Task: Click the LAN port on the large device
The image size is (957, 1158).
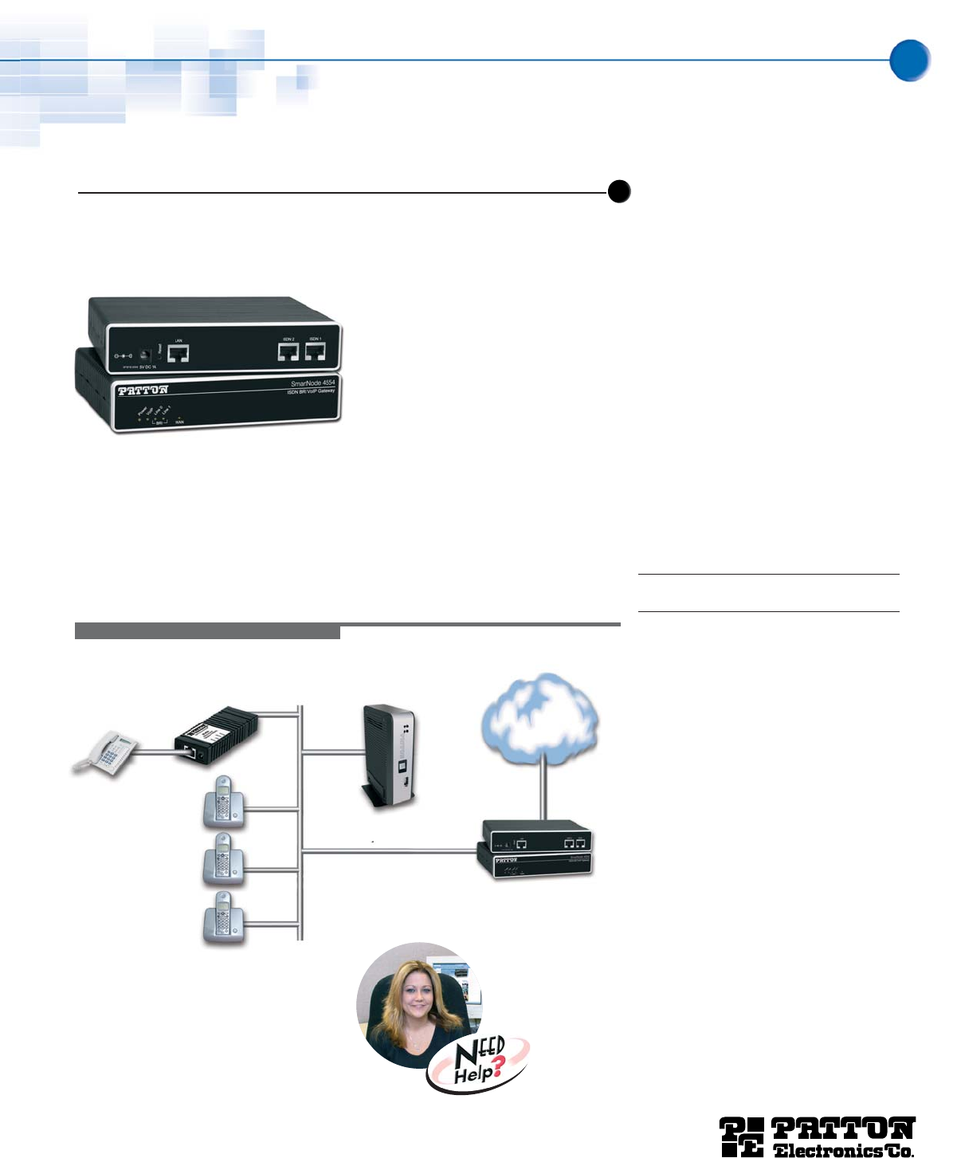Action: (178, 354)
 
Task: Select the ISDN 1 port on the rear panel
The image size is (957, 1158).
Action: (316, 351)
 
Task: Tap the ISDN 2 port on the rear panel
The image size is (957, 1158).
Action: (288, 351)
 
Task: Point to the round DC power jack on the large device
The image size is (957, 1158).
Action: (146, 355)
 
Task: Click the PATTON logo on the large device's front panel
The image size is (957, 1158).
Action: (143, 391)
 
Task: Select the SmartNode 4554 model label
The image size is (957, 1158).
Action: (312, 383)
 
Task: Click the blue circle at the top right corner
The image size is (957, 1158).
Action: (909, 61)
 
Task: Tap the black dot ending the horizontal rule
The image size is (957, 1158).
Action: (619, 192)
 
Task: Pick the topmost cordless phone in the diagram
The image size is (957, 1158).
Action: (223, 801)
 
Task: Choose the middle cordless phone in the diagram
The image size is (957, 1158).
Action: (223, 860)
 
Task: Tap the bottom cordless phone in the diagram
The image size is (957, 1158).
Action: (223, 918)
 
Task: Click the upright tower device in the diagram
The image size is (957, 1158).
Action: (390, 756)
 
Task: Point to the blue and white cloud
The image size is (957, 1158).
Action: (541, 717)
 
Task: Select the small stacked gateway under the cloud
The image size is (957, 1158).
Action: (535, 850)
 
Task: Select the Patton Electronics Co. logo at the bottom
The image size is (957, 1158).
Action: (818, 1136)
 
